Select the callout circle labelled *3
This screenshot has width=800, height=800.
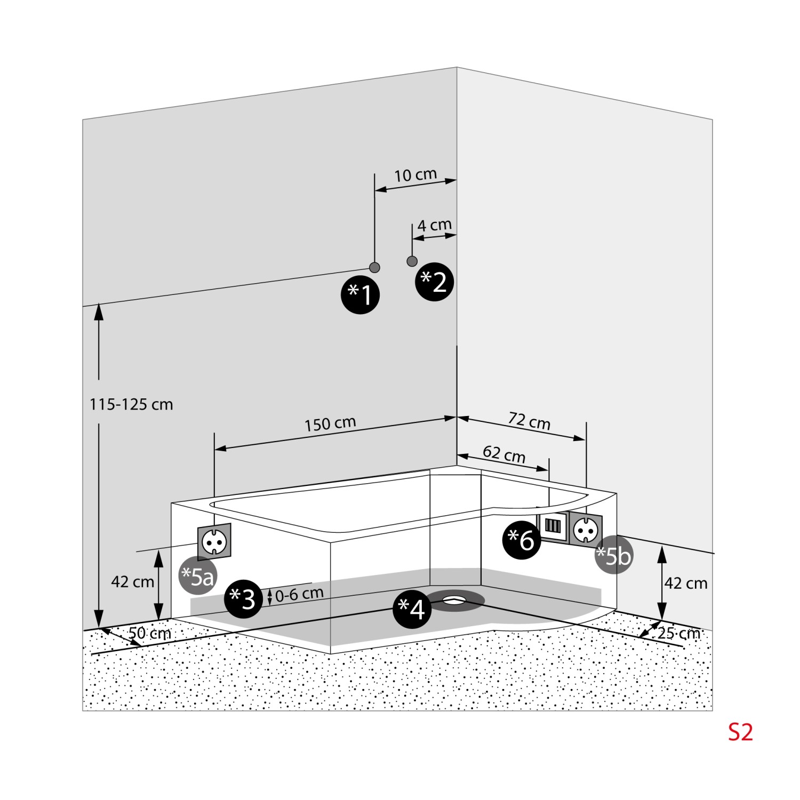pyautogui.click(x=244, y=599)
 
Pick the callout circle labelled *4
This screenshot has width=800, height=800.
pyautogui.click(x=412, y=609)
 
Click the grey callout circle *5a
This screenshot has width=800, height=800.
pyautogui.click(x=197, y=576)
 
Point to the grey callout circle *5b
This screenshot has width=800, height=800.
pyautogui.click(x=614, y=555)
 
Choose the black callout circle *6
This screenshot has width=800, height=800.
pyautogui.click(x=522, y=540)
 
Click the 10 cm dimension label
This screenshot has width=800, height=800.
pyautogui.click(x=415, y=175)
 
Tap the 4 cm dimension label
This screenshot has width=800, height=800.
pyautogui.click(x=434, y=225)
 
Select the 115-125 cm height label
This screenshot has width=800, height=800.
pyautogui.click(x=131, y=405)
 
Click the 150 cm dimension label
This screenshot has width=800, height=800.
pyautogui.click(x=330, y=425)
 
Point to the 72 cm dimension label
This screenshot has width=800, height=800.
pyautogui.click(x=529, y=421)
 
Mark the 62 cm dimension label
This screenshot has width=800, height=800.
pyautogui.click(x=504, y=454)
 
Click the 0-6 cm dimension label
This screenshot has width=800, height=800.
pyautogui.click(x=299, y=594)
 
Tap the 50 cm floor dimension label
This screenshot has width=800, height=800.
pyautogui.click(x=150, y=633)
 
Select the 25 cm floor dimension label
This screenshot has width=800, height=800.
pyautogui.click(x=678, y=633)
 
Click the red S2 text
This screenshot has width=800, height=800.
pyautogui.click(x=740, y=732)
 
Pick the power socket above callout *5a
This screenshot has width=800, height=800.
pyautogui.click(x=215, y=541)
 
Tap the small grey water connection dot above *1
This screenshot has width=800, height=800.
pyautogui.click(x=375, y=267)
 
